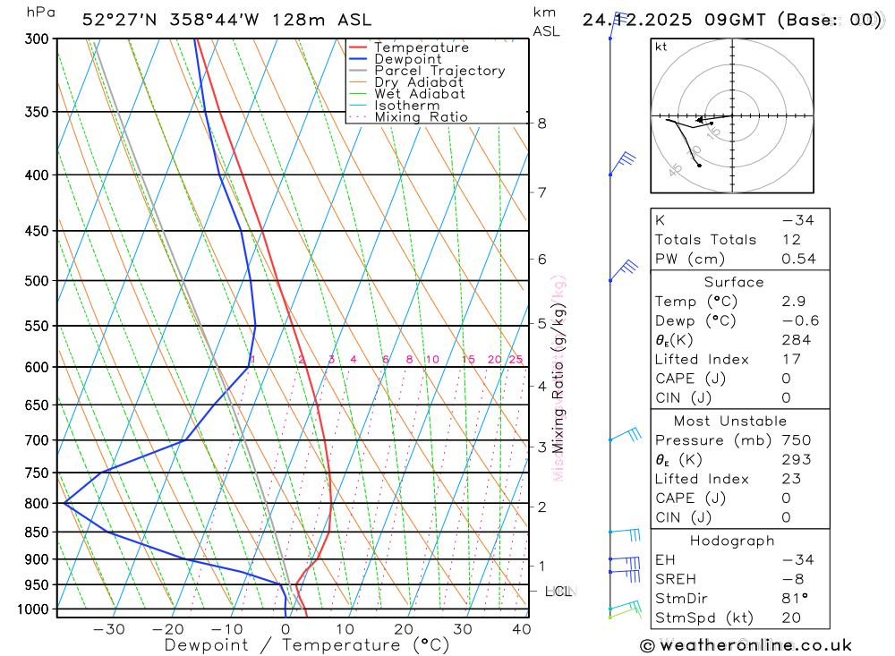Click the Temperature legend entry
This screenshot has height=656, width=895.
421,47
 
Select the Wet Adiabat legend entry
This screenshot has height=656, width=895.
419,94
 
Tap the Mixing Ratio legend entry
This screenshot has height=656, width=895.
421,117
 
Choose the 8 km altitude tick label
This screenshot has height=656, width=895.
542,124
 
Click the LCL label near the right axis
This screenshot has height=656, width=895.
558,592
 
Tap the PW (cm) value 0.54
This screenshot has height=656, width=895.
798,260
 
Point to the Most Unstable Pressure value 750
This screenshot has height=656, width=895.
796,440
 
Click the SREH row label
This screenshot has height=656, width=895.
676,579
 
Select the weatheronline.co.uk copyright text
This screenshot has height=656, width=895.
746,645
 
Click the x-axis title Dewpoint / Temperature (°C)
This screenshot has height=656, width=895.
306,645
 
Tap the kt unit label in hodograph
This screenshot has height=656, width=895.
661,47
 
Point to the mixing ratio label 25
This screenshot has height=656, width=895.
516,360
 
